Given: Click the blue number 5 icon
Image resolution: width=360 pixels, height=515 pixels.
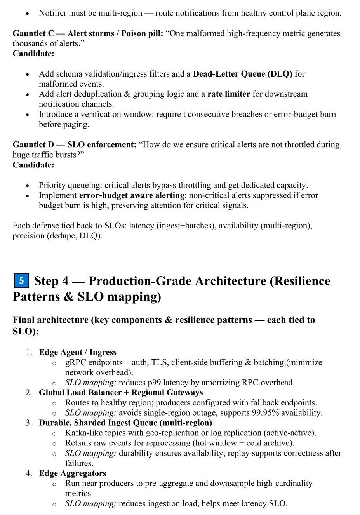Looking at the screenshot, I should pos(21,280).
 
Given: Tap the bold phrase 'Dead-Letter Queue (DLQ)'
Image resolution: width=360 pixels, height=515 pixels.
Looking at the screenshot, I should pos(242,74).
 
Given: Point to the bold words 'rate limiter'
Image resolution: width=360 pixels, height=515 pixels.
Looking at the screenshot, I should pos(229,94).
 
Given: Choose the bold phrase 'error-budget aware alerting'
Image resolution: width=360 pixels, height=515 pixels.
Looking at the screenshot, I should pos(132,195).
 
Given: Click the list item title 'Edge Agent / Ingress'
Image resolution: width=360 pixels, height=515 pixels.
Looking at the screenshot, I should pos(78,352).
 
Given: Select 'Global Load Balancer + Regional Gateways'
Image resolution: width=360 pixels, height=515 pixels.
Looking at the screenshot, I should pos(121,393).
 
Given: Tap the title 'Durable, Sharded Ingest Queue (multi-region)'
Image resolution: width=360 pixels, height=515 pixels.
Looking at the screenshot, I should pos(125,423).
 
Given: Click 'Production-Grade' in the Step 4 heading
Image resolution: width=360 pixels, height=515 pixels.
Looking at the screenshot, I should pos(140,281).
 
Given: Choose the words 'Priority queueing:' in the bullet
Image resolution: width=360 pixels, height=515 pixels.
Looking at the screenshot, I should pos(70,185).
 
